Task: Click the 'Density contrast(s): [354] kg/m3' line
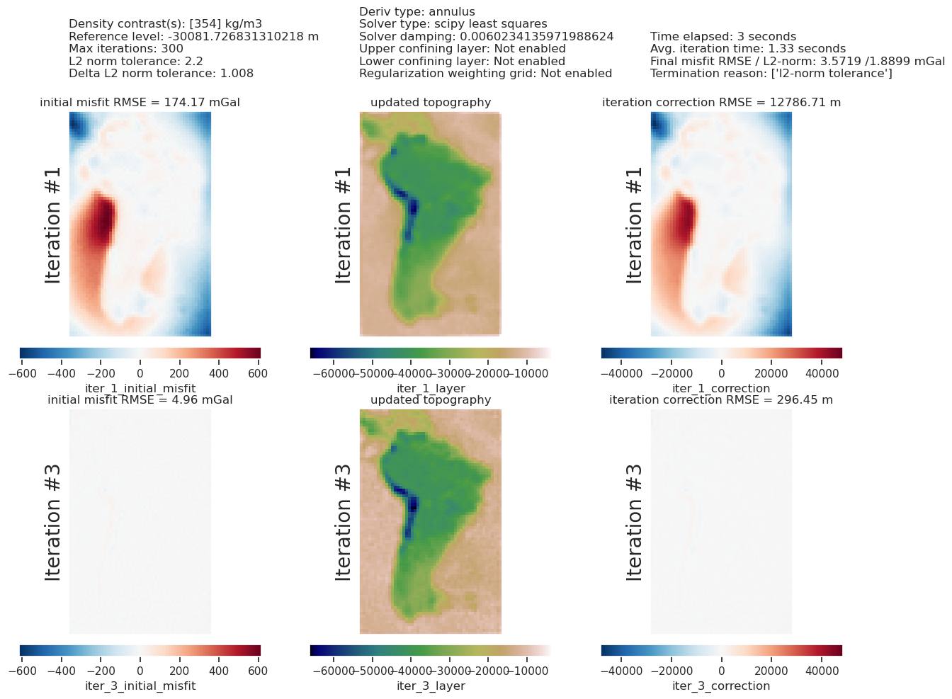pos(165,24)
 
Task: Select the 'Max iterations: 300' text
pos(126,48)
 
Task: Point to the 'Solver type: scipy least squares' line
pos(453,24)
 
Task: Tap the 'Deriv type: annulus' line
pos(417,11)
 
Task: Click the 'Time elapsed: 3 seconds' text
pos(723,36)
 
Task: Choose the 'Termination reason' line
pos(771,73)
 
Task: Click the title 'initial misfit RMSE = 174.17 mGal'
pos(140,103)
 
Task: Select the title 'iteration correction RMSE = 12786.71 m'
pos(721,103)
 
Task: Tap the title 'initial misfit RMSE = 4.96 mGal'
pos(140,400)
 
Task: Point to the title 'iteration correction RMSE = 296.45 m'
pos(721,400)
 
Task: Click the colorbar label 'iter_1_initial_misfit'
pos(140,388)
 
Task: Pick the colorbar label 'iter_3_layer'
pos(431,686)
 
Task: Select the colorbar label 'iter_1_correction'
pos(721,388)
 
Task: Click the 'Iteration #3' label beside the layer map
pos(343,523)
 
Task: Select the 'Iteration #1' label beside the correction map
pos(633,225)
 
